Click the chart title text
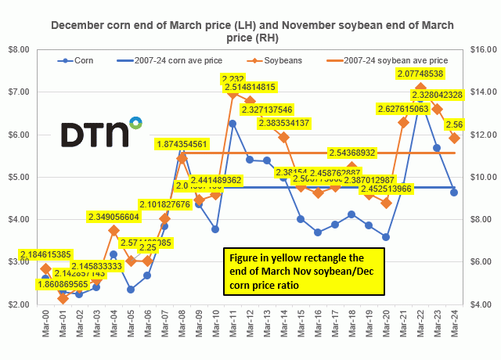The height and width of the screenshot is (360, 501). click(250, 31)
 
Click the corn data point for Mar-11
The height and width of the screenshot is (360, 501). click(232, 123)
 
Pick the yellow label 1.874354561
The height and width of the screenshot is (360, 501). click(190, 144)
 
